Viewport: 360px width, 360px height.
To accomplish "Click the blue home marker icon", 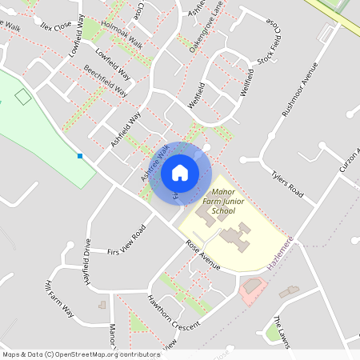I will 180,172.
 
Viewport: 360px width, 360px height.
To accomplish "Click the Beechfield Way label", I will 106,81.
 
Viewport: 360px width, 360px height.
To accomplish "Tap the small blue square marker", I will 80,155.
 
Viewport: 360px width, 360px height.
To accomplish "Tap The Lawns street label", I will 283,328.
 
